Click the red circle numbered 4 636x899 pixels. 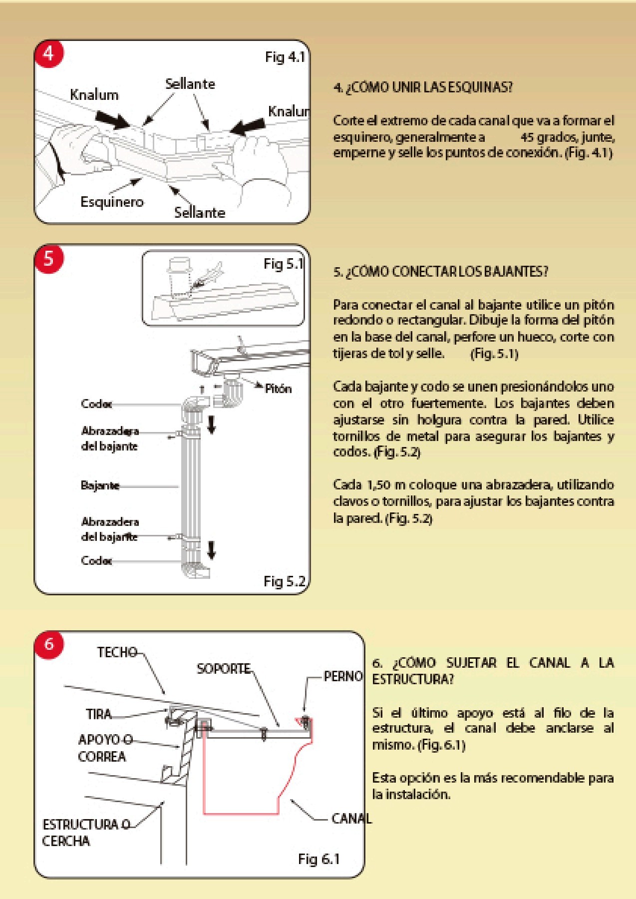coord(49,53)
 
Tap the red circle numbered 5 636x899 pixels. coord(49,259)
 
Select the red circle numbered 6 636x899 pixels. coord(49,644)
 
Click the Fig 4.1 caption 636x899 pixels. coord(285,57)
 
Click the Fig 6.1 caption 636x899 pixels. coord(318,859)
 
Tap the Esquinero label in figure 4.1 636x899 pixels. coord(112,202)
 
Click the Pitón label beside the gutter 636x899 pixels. coord(278,389)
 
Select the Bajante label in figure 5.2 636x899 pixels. coord(100,485)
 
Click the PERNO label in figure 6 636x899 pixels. coord(343,676)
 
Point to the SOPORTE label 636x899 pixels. coord(223,668)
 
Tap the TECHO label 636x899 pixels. coord(117,652)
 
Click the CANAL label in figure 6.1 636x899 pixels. coord(351,818)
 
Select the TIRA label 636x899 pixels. coord(99,714)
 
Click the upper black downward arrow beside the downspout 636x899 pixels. coord(212,425)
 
